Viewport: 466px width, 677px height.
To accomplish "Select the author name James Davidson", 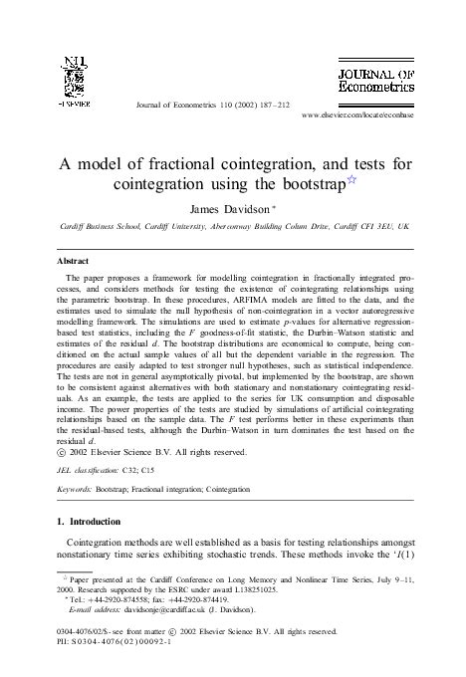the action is pyautogui.click(x=231, y=212).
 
